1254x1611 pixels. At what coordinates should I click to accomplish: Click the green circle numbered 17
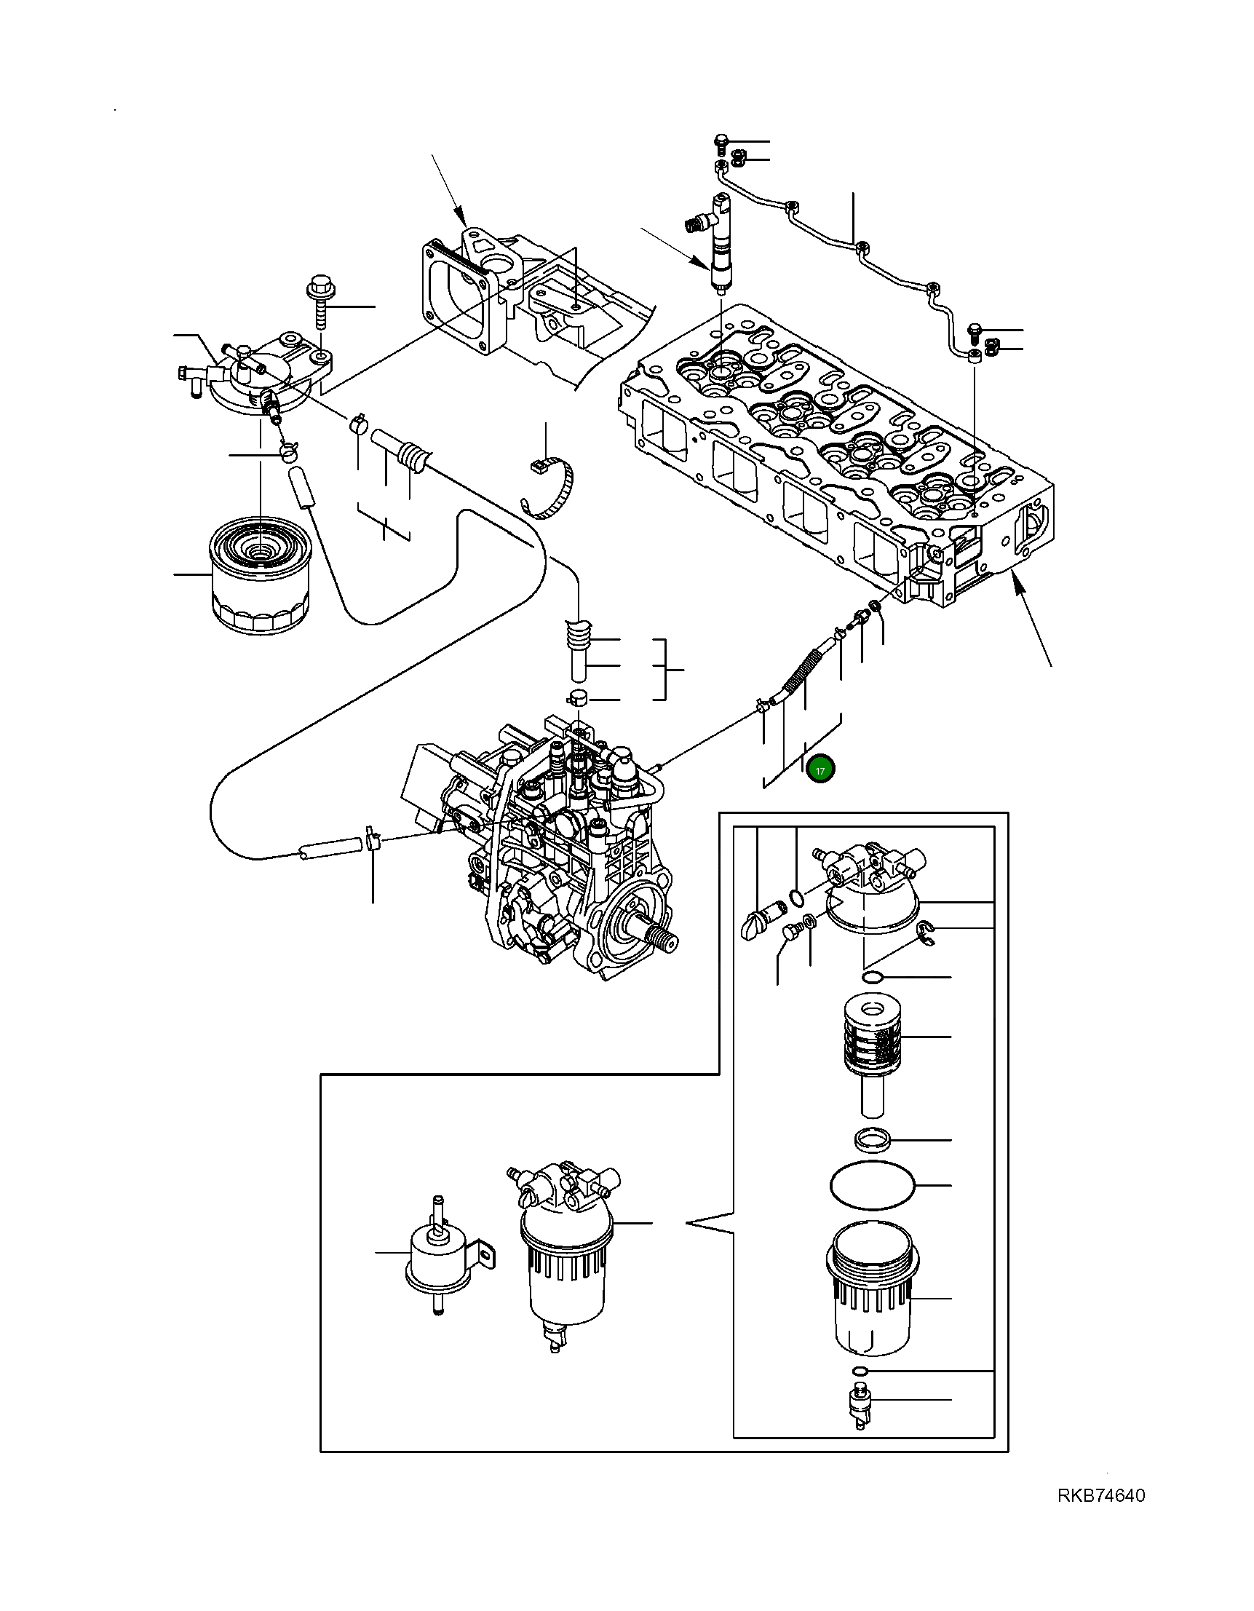point(820,769)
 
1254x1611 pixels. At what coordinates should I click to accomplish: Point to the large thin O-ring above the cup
point(873,1184)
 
